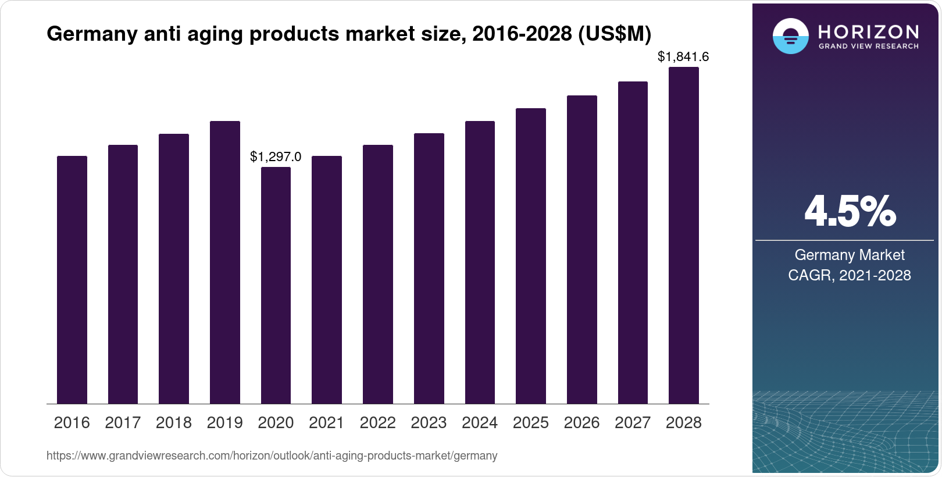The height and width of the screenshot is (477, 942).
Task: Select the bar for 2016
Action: pyautogui.click(x=72, y=279)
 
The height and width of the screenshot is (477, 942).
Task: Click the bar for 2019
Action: pyautogui.click(x=225, y=262)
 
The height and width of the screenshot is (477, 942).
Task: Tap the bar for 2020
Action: pyautogui.click(x=276, y=285)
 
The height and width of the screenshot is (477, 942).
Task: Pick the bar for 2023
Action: pyautogui.click(x=429, y=268)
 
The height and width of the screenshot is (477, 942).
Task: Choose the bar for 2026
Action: pyautogui.click(x=581, y=250)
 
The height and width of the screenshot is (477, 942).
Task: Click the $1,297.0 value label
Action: pyautogui.click(x=276, y=156)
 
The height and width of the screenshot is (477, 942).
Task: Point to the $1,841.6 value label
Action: pyautogui.click(x=683, y=56)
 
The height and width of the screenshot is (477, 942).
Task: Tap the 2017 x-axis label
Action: pyautogui.click(x=123, y=423)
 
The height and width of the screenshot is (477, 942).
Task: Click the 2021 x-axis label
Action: pyautogui.click(x=327, y=423)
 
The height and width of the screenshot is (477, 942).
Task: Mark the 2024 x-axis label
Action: pyautogui.click(x=480, y=423)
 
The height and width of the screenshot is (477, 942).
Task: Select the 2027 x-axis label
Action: pyautogui.click(x=633, y=423)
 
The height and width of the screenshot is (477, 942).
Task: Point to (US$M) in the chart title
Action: pyautogui.click(x=615, y=34)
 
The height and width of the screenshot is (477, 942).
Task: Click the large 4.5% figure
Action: pyautogui.click(x=850, y=212)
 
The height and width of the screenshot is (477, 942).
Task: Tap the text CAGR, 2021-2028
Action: pyautogui.click(x=849, y=275)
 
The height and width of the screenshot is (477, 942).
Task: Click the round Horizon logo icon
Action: pyautogui.click(x=790, y=36)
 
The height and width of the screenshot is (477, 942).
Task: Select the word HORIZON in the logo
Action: pyautogui.click(x=868, y=32)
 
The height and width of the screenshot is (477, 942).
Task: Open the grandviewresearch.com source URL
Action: pyautogui.click(x=272, y=455)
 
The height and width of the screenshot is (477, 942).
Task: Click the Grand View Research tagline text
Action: pyautogui.click(x=868, y=46)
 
